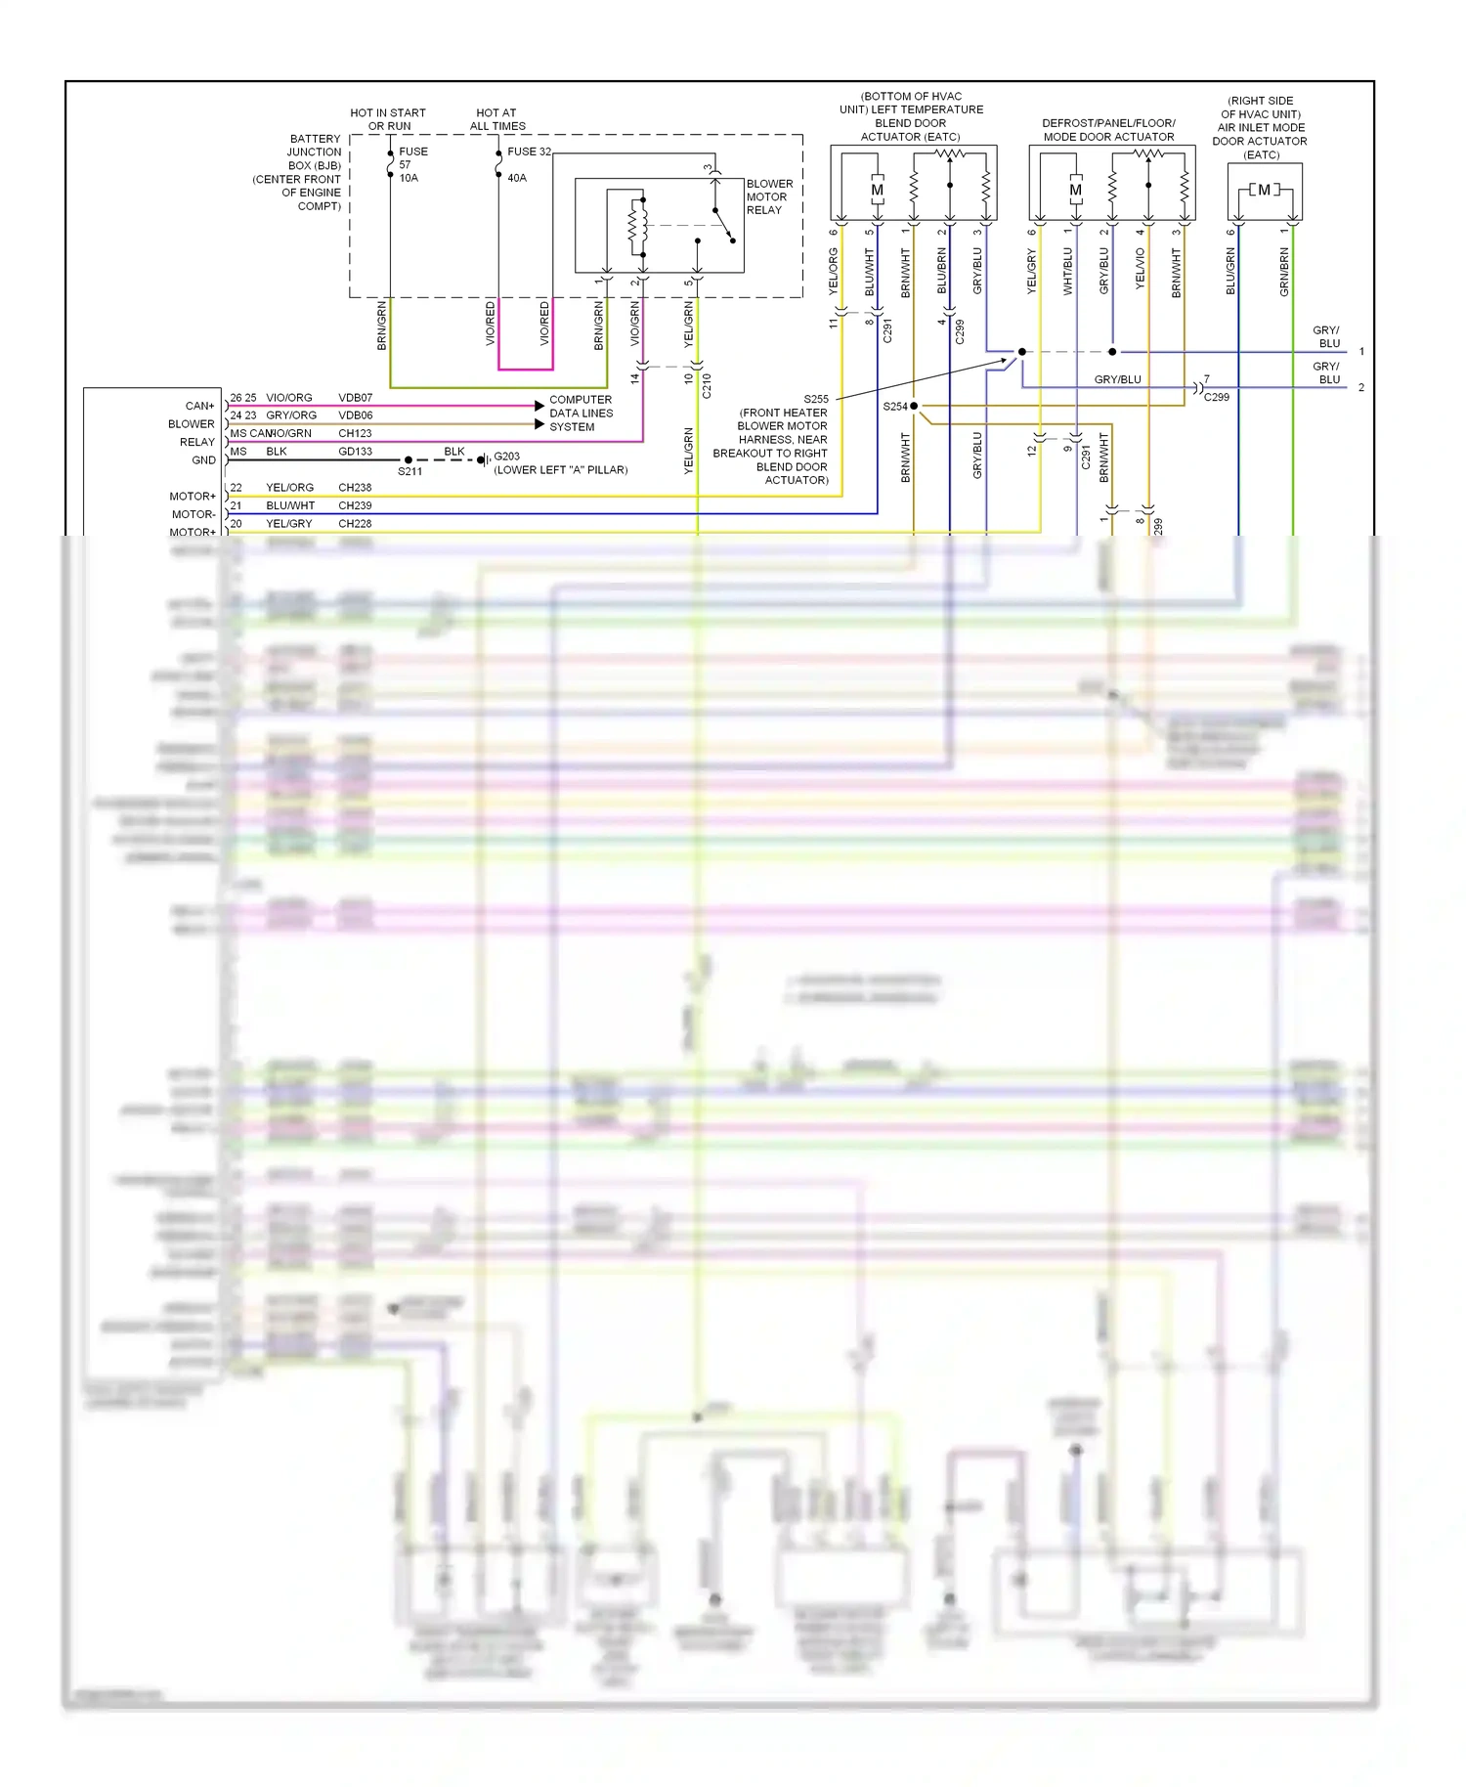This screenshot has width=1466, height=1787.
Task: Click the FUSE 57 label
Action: [x=412, y=157]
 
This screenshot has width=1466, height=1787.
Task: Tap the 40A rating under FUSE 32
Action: [x=517, y=178]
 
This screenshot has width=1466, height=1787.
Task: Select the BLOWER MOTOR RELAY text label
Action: [x=769, y=196]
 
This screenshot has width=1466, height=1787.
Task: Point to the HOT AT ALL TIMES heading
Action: [x=497, y=119]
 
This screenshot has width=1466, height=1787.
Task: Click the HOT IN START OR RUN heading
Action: [x=388, y=119]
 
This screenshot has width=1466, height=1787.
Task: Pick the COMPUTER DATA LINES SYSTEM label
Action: [x=581, y=413]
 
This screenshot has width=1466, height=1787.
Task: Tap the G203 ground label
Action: [x=507, y=457]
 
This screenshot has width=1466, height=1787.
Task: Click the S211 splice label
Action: [x=410, y=471]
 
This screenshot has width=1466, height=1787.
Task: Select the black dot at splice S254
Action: [x=914, y=406]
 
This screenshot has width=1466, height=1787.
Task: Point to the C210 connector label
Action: [x=707, y=386]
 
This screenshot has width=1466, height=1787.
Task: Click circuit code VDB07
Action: [x=355, y=398]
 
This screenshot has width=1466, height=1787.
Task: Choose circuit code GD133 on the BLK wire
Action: [x=355, y=452]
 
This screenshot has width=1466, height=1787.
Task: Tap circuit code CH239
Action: [x=355, y=505]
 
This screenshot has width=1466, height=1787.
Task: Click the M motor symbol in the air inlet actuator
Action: [x=1265, y=190]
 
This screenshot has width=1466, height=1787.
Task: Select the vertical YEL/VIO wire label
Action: [x=1141, y=268]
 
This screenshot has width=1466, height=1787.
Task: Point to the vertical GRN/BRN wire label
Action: [x=1284, y=272]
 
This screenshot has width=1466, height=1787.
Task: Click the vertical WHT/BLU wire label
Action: [x=1068, y=271]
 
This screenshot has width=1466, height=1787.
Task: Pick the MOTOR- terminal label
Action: [x=194, y=514]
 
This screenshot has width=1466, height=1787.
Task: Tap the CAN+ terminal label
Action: [x=199, y=406]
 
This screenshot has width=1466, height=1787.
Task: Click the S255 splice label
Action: [x=816, y=399]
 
